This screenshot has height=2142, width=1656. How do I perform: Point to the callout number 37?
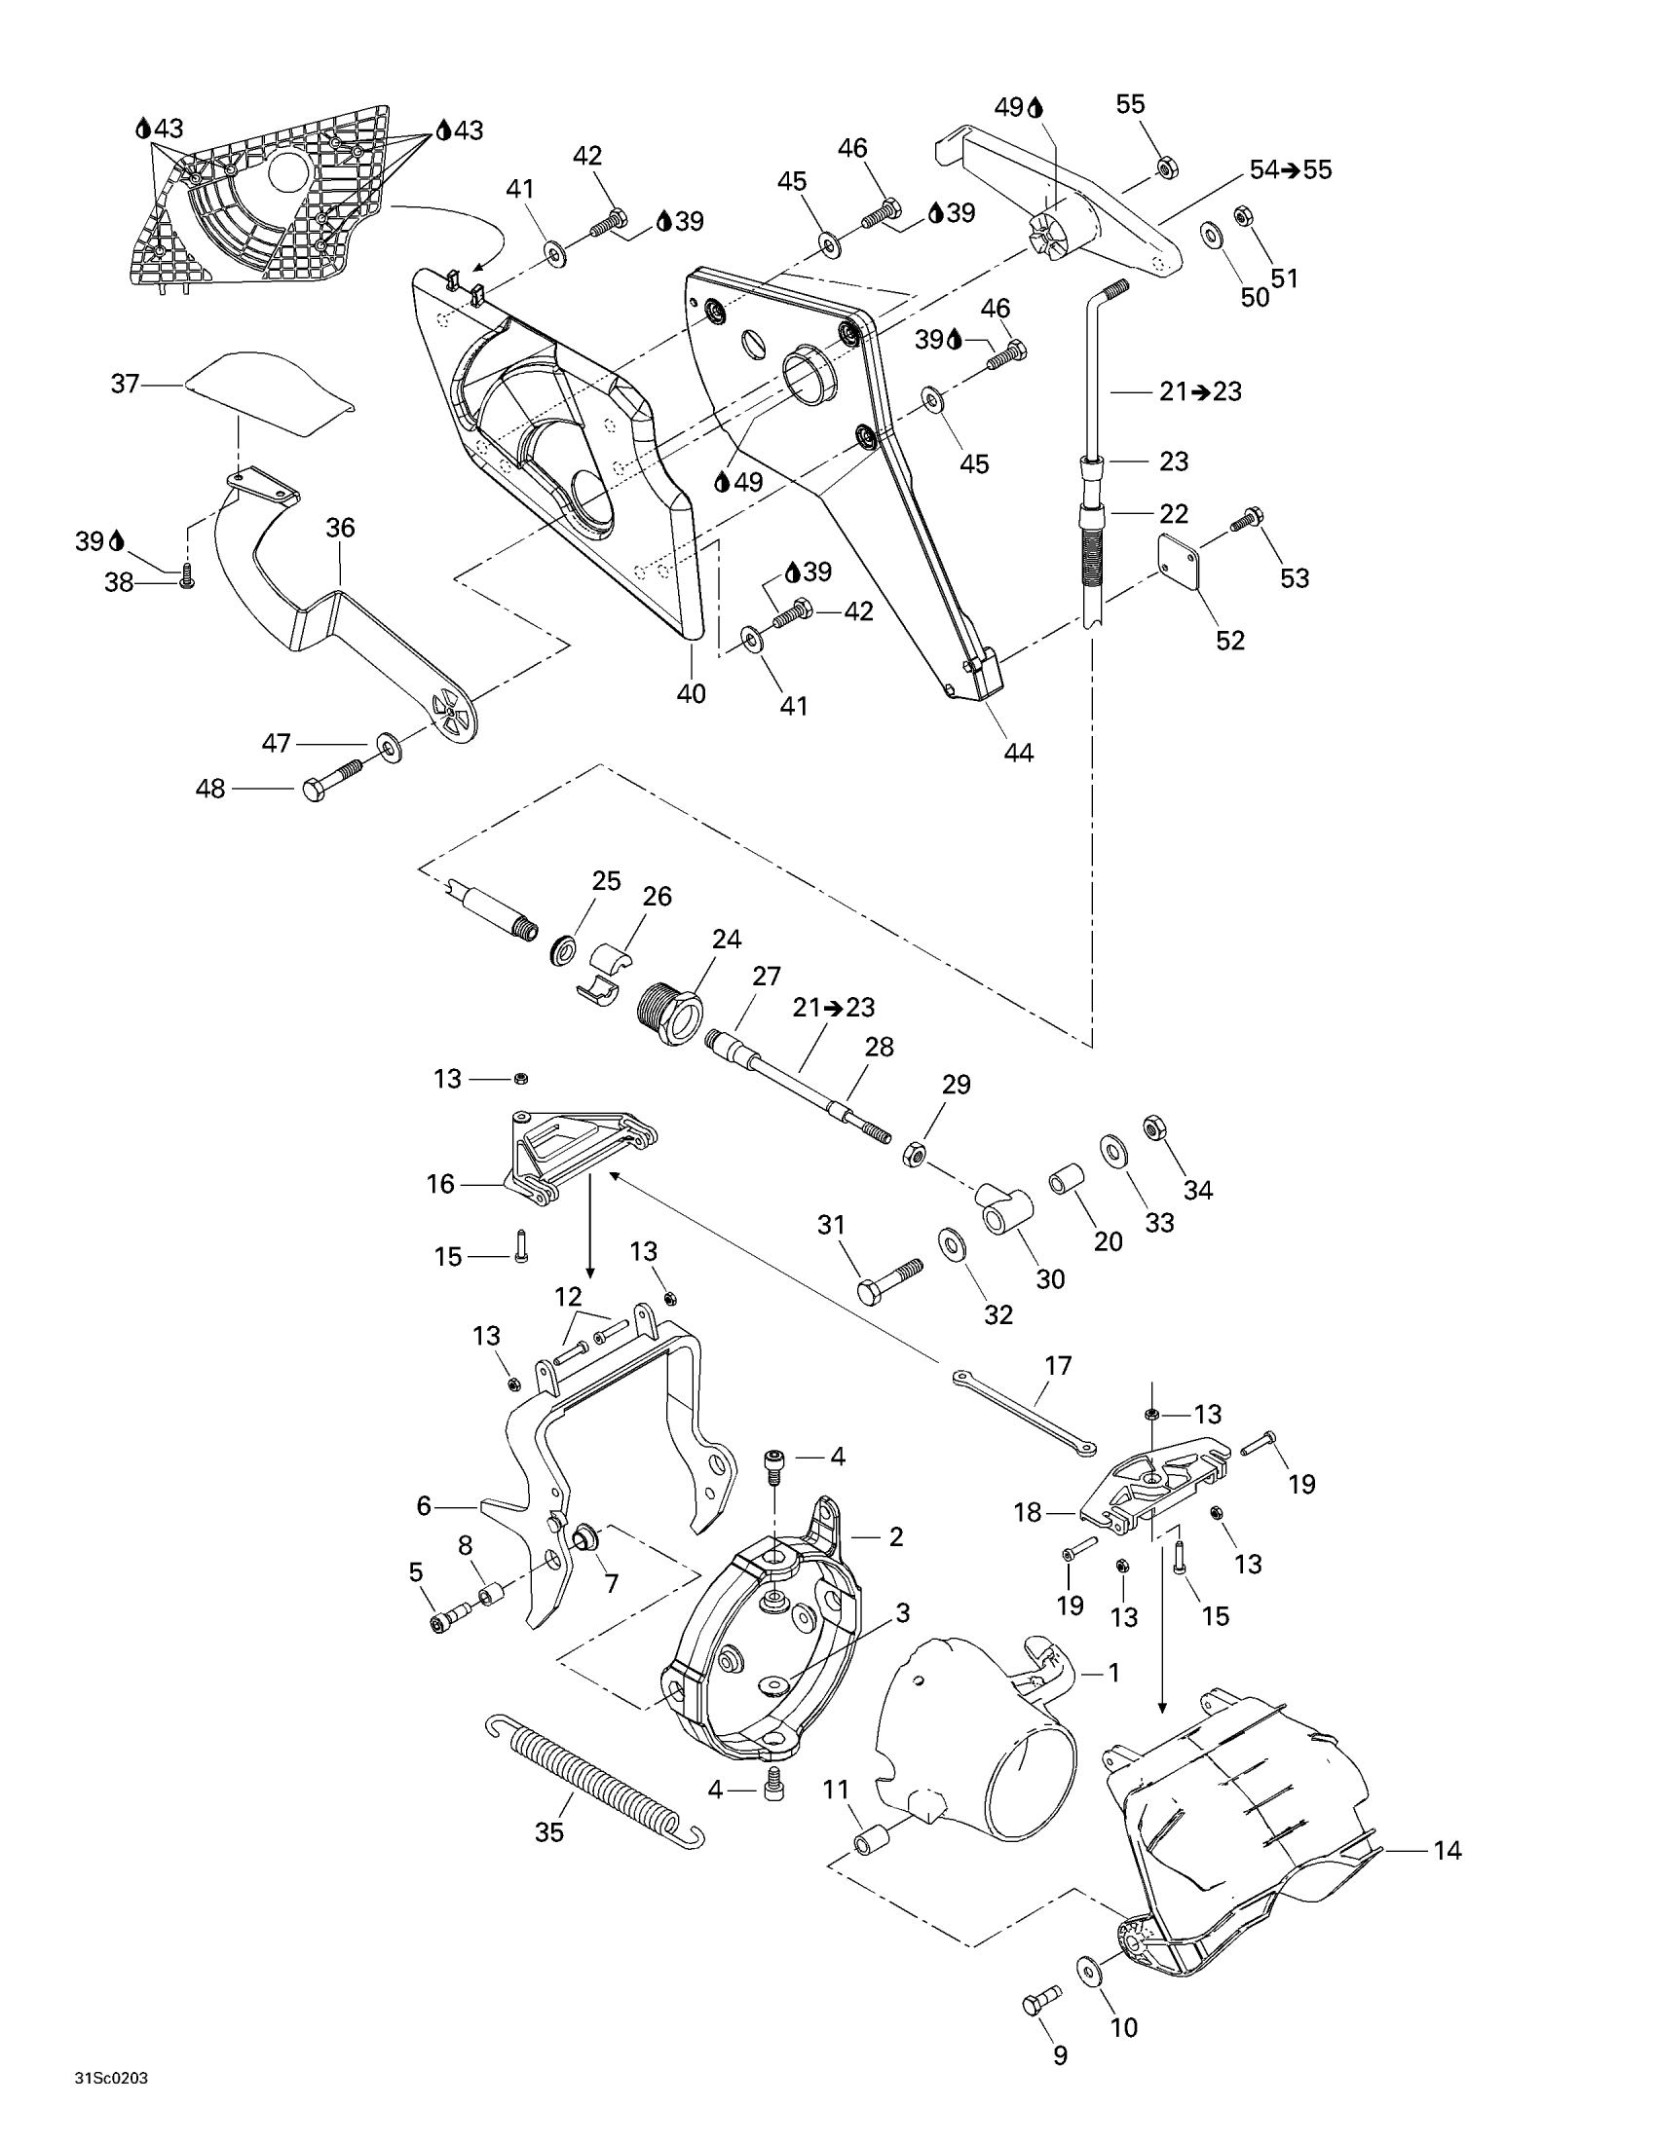point(125,384)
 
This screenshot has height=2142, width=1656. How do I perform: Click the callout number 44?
point(1018,753)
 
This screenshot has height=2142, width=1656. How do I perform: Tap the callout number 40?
point(692,693)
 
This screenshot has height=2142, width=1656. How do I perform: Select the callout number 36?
point(340,528)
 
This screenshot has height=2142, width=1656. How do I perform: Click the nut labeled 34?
point(1154,1126)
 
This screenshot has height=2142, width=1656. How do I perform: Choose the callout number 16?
point(440,1185)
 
